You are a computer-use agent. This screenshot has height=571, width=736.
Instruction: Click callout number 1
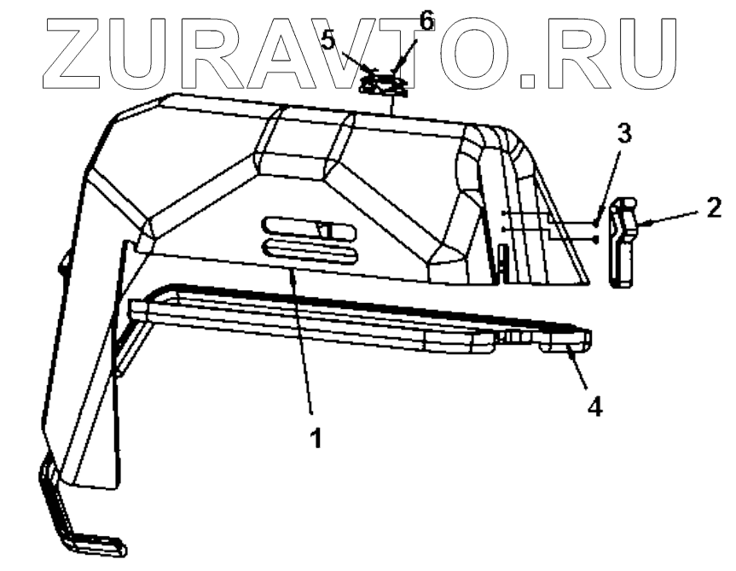[x=316, y=439]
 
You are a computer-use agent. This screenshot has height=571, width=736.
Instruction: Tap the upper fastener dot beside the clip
[x=596, y=223]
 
